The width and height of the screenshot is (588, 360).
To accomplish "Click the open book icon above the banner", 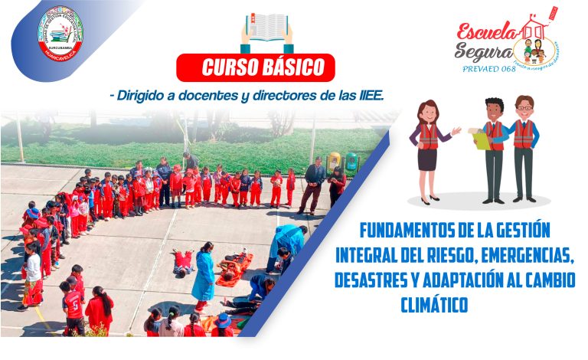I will tap(267, 30).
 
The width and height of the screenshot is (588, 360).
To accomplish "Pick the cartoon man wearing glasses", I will tap(524, 147).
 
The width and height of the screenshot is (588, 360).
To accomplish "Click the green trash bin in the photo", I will tap(351, 162).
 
